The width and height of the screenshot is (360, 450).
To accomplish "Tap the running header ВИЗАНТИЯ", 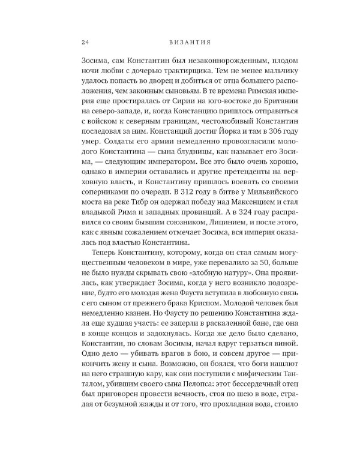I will click(179, 42).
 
